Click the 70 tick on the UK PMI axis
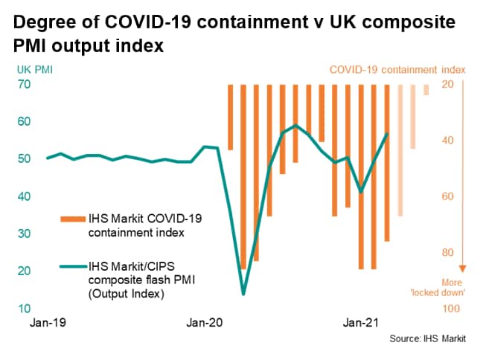[24, 85]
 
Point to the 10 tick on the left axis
[24, 309]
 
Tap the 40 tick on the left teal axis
[24, 196]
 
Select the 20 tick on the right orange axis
[450, 85]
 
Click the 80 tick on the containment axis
[450, 253]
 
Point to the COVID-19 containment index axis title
[397, 70]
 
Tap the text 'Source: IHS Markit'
[427, 339]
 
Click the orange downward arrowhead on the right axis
[463, 268]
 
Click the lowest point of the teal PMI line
[243, 295]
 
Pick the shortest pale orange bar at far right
[426, 90]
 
